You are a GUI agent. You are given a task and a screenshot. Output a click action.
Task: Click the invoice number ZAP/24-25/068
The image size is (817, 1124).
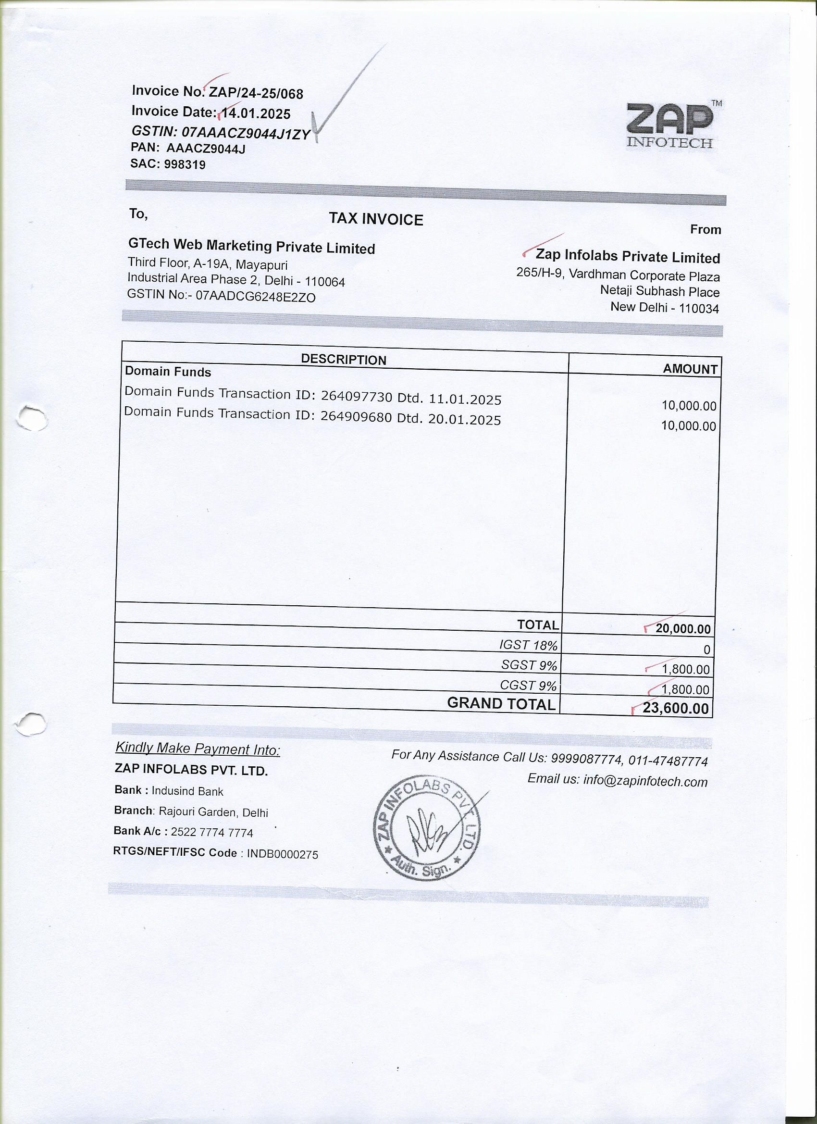(x=256, y=93)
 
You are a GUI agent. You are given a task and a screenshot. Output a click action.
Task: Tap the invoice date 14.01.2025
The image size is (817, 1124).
(x=256, y=113)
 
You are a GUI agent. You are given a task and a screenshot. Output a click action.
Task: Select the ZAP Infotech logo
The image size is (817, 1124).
(x=671, y=125)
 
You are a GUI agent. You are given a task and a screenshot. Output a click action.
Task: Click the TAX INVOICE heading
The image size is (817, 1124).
(x=376, y=219)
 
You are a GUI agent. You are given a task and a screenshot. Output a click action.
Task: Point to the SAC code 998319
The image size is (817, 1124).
(x=185, y=164)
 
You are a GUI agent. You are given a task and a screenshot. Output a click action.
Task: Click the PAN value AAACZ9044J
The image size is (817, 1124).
(x=206, y=148)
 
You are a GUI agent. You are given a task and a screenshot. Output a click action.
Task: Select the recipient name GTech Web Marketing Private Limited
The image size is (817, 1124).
(x=251, y=246)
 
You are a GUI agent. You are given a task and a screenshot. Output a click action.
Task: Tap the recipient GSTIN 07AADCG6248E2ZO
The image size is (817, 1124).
(x=256, y=296)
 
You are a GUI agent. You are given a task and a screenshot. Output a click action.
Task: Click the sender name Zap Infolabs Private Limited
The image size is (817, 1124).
(x=627, y=257)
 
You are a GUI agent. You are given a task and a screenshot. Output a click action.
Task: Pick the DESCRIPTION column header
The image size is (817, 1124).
(x=343, y=360)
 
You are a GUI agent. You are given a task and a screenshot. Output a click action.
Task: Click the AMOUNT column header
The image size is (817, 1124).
(x=690, y=369)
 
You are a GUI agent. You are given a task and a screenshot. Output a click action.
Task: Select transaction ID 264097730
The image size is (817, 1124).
(x=357, y=397)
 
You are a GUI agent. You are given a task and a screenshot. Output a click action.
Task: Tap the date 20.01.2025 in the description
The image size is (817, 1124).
(x=464, y=419)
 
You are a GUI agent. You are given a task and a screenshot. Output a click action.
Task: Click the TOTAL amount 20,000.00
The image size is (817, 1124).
(x=683, y=629)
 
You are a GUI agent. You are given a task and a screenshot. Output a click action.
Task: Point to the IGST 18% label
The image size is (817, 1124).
(x=528, y=645)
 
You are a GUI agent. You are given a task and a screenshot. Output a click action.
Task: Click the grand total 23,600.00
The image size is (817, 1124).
(x=675, y=708)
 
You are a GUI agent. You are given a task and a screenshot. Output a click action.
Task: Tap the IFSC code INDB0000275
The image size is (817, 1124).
(x=283, y=854)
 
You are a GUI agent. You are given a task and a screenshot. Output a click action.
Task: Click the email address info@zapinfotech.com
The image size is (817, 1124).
(x=645, y=781)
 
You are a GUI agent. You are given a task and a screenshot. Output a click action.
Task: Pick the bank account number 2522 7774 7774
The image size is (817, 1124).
(x=211, y=833)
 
